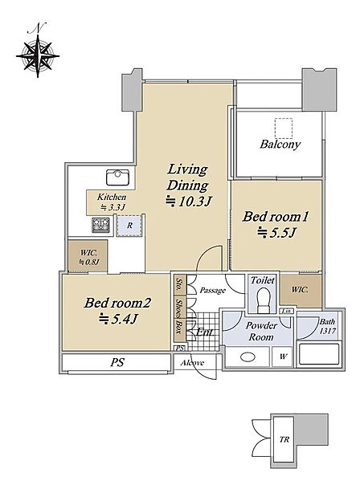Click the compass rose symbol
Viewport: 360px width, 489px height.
point(38,56)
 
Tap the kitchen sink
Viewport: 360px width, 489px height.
point(117,177)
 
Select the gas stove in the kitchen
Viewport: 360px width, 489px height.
point(101,225)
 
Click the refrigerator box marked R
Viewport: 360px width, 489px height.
point(129,226)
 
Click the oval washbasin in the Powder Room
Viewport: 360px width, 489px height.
point(248,357)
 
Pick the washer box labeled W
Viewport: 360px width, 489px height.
point(282,357)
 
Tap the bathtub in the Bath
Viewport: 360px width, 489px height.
point(318,354)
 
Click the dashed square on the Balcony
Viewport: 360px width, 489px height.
point(284,128)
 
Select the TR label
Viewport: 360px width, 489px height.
point(284,440)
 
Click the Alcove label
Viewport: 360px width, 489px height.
point(192,363)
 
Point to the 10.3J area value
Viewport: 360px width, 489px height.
point(189,202)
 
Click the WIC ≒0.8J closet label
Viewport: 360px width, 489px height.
point(88,257)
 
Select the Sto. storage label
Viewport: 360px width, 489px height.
point(179,284)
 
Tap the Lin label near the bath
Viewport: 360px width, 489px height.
point(286,311)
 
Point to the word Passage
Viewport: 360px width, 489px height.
point(213,291)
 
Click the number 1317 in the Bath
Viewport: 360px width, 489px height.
point(328,331)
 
